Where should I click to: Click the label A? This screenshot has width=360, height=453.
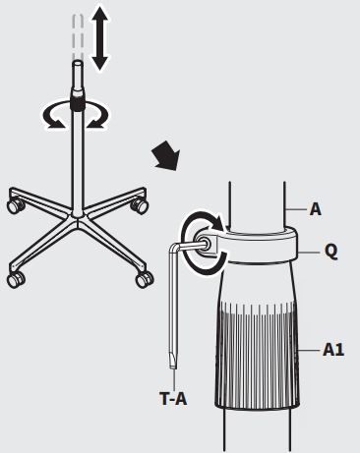point(315,209)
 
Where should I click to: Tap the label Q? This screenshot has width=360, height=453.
point(330,252)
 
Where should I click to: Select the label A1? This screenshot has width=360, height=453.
point(333,350)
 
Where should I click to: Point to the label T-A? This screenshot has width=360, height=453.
point(173,399)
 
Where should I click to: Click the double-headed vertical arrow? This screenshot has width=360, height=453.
point(99,38)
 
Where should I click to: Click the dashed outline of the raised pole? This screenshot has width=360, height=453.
point(78,36)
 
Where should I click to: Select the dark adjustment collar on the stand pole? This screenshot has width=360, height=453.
point(78,102)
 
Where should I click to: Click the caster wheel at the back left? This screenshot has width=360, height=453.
point(15,205)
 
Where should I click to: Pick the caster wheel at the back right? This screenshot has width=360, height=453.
point(139,205)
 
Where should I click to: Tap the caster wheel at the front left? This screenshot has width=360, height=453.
point(16,279)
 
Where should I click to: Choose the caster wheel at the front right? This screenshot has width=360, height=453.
point(145,279)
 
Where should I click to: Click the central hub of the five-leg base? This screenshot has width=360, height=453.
point(78,218)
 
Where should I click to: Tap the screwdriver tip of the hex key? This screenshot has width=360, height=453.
point(173,362)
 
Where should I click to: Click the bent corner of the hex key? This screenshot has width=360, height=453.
point(174,249)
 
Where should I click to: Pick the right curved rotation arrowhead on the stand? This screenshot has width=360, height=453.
point(96,123)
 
